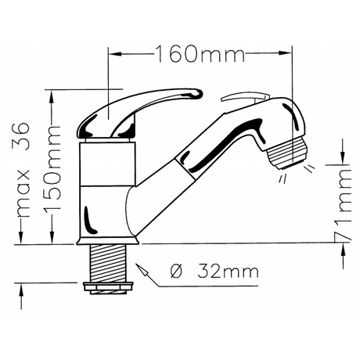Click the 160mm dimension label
[x=200, y=53]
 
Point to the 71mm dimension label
[x=343, y=204]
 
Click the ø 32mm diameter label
[x=214, y=272]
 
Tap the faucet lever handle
[x=139, y=113]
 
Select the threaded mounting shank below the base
[x=108, y=264]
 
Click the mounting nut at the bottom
[x=108, y=288]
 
